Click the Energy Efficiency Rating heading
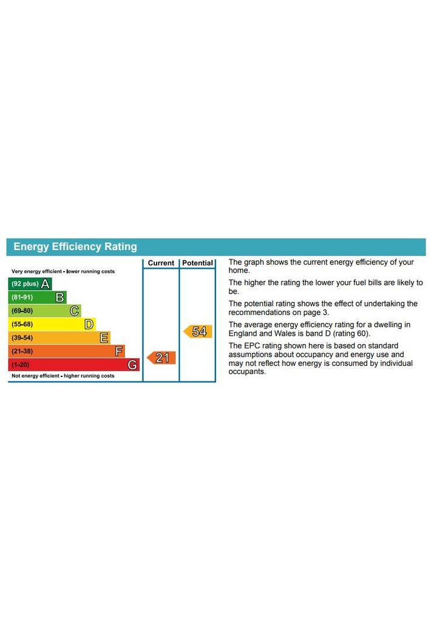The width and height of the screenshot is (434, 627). click(75, 247)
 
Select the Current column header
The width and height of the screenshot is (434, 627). click(161, 263)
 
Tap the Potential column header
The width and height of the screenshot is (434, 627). click(198, 263)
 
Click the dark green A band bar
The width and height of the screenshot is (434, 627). click(30, 284)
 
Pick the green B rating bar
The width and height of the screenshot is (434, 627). click(37, 297)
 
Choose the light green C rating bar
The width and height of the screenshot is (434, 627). click(44, 311)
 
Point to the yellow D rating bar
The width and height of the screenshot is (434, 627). click(52, 324)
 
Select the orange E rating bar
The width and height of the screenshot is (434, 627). click(59, 337)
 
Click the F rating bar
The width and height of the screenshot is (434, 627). click(66, 351)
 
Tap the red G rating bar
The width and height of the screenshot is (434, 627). click(73, 365)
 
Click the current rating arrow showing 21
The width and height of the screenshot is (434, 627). click(161, 358)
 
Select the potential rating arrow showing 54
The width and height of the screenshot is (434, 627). click(198, 331)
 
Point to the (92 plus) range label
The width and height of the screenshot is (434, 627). click(25, 284)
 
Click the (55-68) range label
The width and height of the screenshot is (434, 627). click(22, 324)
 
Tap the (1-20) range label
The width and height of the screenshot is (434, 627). click(20, 365)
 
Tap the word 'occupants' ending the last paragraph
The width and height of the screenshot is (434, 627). click(246, 371)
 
